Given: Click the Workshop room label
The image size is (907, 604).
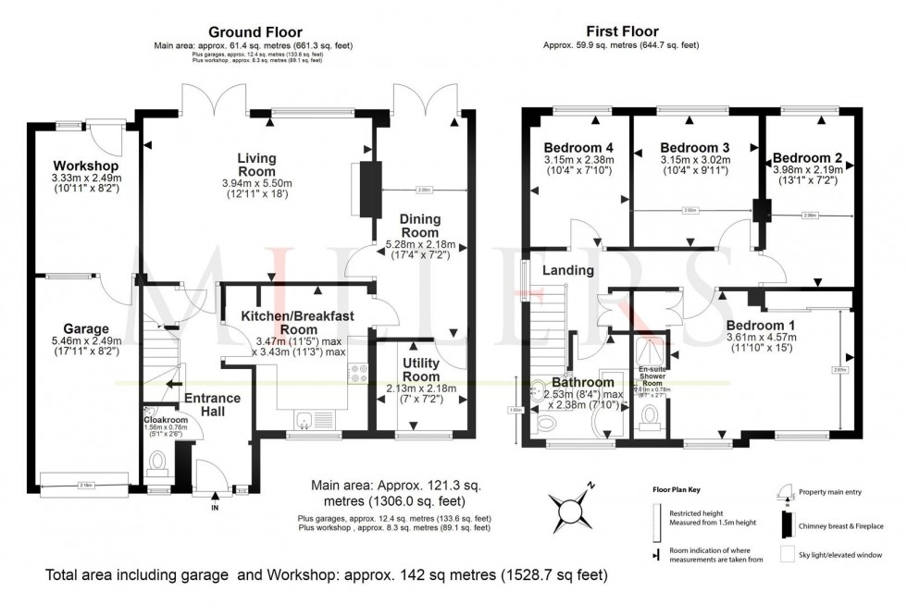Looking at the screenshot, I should [81, 166].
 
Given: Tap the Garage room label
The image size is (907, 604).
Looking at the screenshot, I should [87, 328].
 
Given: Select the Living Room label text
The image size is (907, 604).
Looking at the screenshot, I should [256, 165].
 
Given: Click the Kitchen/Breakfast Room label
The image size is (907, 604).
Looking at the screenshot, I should [297, 323].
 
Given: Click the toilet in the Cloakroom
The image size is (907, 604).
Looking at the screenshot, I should [158, 461].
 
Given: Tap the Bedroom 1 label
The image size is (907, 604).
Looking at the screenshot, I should [761, 326].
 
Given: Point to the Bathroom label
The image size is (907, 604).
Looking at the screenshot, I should [582, 382].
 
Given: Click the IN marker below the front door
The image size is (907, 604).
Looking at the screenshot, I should [215, 509].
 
